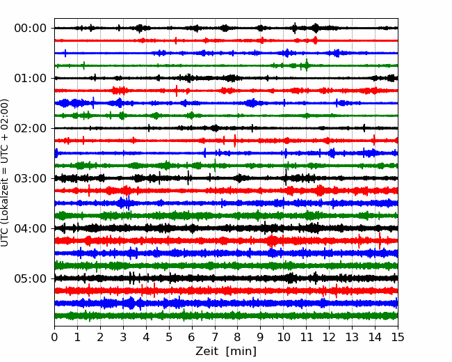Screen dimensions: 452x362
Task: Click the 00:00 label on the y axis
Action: point(31,29)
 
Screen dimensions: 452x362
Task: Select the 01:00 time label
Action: point(31,78)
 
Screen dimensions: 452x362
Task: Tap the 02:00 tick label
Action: point(31,128)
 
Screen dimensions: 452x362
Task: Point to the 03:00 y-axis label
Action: point(31,178)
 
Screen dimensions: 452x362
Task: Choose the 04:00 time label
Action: point(31,228)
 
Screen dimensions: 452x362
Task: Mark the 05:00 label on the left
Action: point(31,278)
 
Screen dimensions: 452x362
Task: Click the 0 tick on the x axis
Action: point(54,337)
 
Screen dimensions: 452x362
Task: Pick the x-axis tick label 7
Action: point(214,337)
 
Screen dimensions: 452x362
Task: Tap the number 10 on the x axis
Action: point(283,337)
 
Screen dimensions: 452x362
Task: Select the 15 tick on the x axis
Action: point(398,337)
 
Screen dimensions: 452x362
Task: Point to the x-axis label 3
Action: point(123,337)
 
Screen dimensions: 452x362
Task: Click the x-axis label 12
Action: point(329,337)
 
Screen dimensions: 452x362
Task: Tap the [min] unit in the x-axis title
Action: point(241,352)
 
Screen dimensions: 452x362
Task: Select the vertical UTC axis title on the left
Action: point(4,173)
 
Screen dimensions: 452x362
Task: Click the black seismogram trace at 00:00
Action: point(226,28)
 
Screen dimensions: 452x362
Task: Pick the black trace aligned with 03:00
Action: point(226,178)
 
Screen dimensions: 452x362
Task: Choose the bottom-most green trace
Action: point(226,316)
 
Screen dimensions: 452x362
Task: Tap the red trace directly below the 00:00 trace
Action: point(226,40)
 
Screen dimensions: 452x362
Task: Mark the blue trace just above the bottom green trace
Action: point(226,304)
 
